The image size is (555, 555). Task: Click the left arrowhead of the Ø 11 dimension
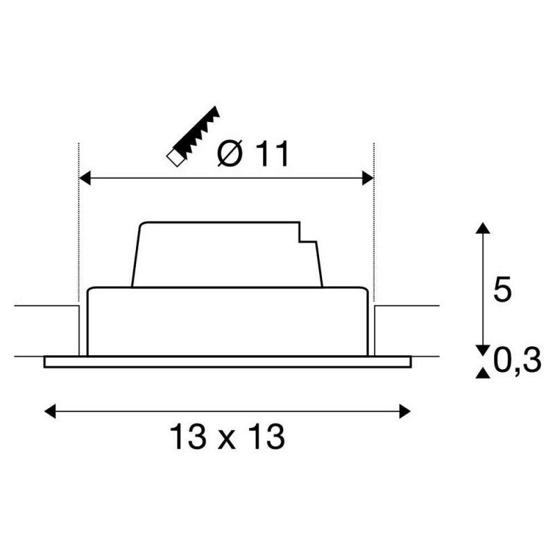pos(85,179)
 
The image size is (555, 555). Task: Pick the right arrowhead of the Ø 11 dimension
pos(368,179)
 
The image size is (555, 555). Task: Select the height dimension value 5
pos(502,289)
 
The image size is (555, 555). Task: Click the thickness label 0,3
pos(518,361)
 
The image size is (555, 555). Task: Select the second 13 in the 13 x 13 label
pos(266,437)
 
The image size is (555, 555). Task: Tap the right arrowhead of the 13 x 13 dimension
pos(404,411)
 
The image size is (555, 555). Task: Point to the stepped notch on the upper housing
pos(305,239)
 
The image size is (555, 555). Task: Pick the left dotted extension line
pos(79,222)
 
